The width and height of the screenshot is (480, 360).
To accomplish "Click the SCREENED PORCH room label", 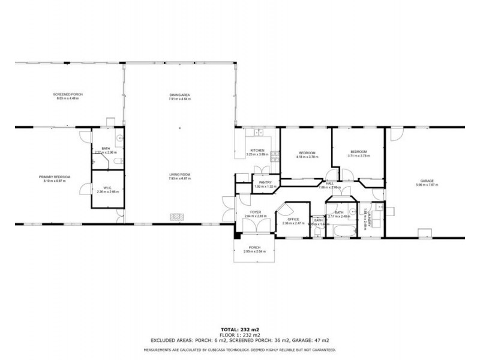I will coord(68,94).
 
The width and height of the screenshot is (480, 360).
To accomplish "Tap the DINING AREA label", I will coord(179,95).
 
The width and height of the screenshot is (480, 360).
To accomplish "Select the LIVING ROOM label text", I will coord(179,175).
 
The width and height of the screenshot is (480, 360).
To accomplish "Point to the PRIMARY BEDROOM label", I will coord(55,176).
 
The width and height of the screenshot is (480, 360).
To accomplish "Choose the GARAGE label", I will coord(427,181).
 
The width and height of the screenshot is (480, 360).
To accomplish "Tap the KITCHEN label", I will coord(257,150).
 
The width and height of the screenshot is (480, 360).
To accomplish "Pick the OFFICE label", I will coord(293,219).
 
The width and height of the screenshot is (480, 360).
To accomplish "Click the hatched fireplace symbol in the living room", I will coord(178,216).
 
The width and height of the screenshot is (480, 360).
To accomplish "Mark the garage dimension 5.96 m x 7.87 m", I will coord(427,185).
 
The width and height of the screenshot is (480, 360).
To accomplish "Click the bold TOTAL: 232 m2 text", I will coord(239,330).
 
